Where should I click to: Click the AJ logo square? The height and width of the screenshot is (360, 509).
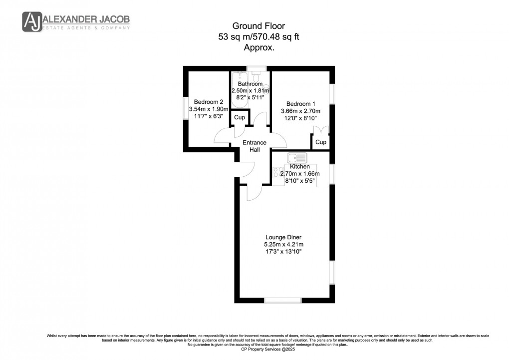coord(31,21)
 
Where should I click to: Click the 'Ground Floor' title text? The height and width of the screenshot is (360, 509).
coord(259,26)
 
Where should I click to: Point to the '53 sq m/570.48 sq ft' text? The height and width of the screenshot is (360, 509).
coord(259,37)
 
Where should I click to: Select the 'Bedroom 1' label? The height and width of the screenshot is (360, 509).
coord(300,103)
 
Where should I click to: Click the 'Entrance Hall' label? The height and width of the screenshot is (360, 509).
coord(254,146)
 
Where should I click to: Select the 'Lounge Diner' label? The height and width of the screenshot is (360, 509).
coord(283,237)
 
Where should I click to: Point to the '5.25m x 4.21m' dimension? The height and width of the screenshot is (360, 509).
coord(283,244)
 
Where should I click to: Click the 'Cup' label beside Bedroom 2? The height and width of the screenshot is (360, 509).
coord(240,118)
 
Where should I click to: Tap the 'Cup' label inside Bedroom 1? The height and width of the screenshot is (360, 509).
coord(320,142)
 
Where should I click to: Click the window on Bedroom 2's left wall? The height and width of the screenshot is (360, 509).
coord(185,107)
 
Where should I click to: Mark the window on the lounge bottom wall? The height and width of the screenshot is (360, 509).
coord(282,300)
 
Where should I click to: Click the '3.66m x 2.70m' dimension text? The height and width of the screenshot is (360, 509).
coord(300,111)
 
